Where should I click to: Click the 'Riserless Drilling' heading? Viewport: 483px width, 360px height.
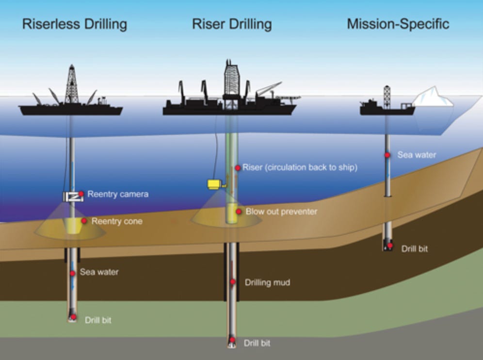click(x=75, y=24)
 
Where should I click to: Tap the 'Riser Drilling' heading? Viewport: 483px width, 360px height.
click(x=232, y=24)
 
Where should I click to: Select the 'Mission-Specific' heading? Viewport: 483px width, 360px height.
click(x=398, y=24)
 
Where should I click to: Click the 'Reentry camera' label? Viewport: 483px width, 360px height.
click(x=118, y=195)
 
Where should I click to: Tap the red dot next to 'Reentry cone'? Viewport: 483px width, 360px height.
click(x=84, y=221)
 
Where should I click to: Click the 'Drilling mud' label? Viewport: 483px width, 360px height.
click(x=267, y=282)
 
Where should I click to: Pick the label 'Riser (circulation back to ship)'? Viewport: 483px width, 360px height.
click(x=300, y=168)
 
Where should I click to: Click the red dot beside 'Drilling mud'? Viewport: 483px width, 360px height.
click(x=233, y=282)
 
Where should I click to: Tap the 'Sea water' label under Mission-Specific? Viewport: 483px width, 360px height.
click(x=417, y=155)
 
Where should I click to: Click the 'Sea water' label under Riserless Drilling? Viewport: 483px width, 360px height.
click(x=99, y=272)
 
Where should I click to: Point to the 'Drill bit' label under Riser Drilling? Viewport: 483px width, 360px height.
click(x=257, y=343)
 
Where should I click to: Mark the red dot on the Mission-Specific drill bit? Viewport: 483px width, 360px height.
click(x=390, y=245)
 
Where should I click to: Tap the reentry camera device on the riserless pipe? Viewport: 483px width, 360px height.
click(x=71, y=196)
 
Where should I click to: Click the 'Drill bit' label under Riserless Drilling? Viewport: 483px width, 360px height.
click(x=98, y=320)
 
